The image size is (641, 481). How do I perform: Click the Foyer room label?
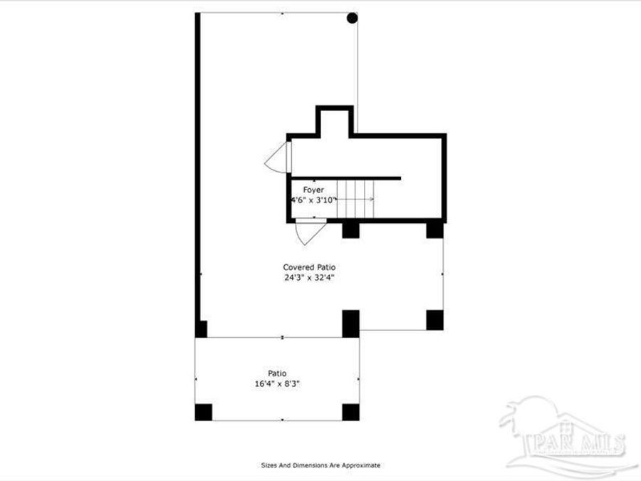click(x=313, y=190)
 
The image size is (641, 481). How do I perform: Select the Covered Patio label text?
click(x=309, y=267)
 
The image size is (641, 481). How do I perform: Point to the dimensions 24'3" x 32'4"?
click(x=309, y=278)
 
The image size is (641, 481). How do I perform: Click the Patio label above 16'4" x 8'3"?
click(x=277, y=373)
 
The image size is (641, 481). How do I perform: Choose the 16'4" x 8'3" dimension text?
click(x=277, y=383)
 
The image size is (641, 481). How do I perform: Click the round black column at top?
click(x=352, y=18)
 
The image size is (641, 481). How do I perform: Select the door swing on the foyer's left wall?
click(x=278, y=157)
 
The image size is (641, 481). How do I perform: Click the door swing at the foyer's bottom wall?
click(x=311, y=229)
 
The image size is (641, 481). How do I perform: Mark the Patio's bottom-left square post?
click(x=204, y=412)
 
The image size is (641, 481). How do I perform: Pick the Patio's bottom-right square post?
click(x=350, y=412)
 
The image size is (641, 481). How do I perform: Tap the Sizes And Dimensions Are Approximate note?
click(x=320, y=465)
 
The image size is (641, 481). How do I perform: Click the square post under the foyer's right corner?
click(x=435, y=229)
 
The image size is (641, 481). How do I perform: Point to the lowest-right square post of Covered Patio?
click(x=435, y=320)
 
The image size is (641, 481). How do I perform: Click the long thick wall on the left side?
click(x=198, y=171)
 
